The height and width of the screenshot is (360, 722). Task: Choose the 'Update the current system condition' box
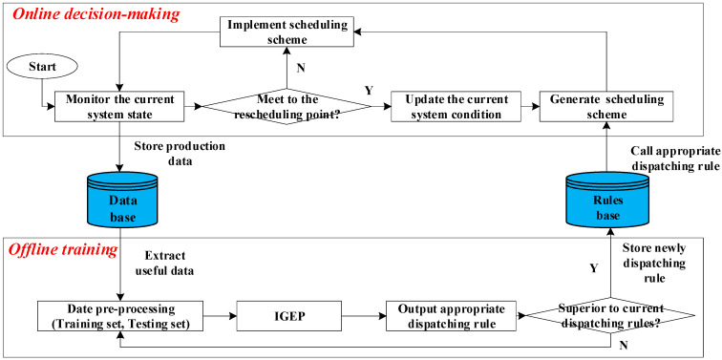coord(449,106)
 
